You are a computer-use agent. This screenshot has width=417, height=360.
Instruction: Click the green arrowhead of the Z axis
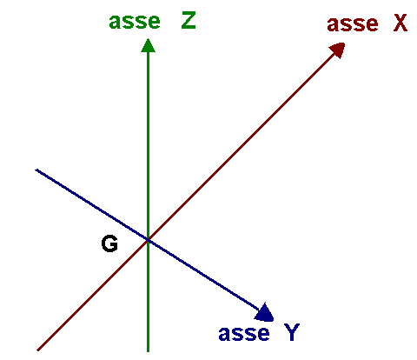148,46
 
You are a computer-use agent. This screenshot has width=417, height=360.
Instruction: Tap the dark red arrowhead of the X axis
338,50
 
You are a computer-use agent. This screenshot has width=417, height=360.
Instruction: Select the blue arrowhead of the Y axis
265,313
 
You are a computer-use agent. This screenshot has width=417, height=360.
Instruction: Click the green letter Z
189,21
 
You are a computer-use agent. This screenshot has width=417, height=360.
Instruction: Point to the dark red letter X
400,23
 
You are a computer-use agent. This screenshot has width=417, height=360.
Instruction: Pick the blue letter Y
292,332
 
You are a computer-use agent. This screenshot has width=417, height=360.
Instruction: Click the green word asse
135,22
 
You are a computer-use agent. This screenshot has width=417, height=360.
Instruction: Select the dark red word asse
353,23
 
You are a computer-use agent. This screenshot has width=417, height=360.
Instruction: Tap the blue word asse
244,333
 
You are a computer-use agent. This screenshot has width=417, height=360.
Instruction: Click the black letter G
109,243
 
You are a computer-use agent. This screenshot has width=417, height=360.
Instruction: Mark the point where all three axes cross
148,240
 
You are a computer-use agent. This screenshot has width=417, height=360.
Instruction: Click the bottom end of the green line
148,351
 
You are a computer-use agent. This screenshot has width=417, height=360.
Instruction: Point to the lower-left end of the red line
38,350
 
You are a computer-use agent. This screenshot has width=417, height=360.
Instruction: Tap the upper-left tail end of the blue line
36,170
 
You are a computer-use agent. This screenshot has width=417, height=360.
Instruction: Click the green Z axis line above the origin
148,145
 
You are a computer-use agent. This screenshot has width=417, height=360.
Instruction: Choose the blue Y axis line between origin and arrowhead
202,274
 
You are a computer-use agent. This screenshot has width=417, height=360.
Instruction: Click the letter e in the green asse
154,23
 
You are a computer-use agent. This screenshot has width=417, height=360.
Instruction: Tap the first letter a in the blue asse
225,335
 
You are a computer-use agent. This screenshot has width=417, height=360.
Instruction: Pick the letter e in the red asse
372,25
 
